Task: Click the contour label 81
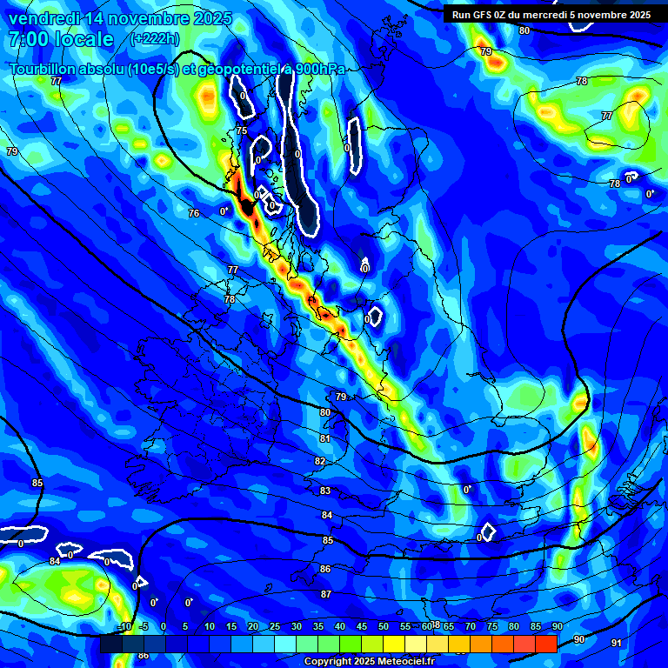click(325, 439)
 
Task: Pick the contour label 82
click(320, 462)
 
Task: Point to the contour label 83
click(325, 491)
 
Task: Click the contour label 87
click(326, 594)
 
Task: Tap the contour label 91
click(617, 643)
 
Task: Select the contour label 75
click(242, 131)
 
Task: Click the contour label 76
click(194, 213)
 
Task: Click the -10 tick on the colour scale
click(124, 627)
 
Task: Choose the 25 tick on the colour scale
click(275, 627)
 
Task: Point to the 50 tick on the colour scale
click(384, 627)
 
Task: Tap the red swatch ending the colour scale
click(546, 644)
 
